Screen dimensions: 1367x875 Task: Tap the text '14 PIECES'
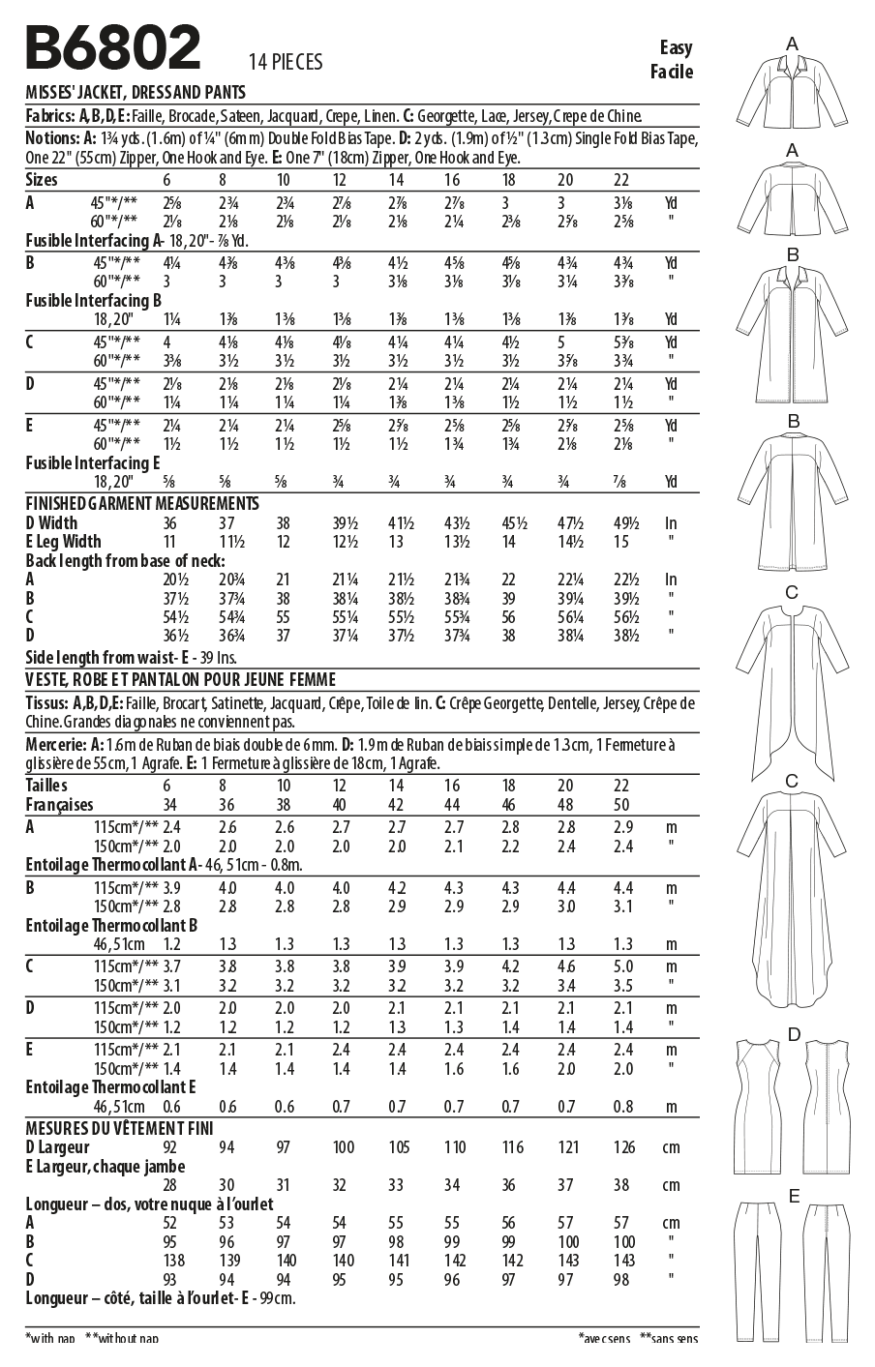tap(285, 63)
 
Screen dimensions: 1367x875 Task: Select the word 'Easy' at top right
tap(676, 47)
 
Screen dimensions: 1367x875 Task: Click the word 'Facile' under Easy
tap(672, 72)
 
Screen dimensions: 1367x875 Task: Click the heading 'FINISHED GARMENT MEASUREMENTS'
tap(142, 504)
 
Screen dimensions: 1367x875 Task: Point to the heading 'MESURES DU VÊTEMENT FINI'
tap(119, 1128)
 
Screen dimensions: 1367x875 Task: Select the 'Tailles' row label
tap(46, 787)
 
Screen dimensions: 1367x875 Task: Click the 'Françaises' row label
tap(59, 805)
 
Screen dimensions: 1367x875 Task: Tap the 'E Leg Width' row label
tap(63, 542)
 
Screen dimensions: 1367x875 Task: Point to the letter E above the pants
tap(794, 1197)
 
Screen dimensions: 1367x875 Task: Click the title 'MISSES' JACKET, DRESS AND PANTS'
tap(135, 94)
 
